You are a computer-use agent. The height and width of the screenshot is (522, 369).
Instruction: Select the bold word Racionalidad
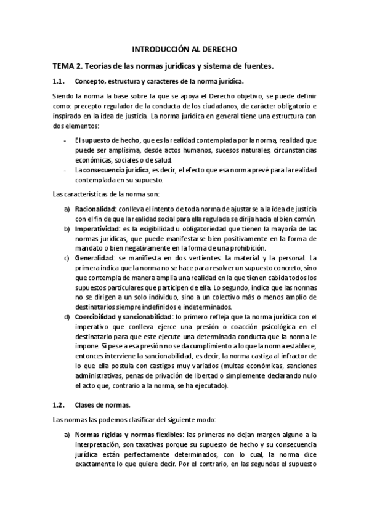pos(95,209)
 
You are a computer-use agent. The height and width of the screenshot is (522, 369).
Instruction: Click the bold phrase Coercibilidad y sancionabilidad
pos(123,316)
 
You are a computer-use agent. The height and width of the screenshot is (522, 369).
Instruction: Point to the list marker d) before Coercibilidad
pos(67,316)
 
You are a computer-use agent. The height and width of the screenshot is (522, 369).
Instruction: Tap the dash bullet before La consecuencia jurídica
pos(66,169)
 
